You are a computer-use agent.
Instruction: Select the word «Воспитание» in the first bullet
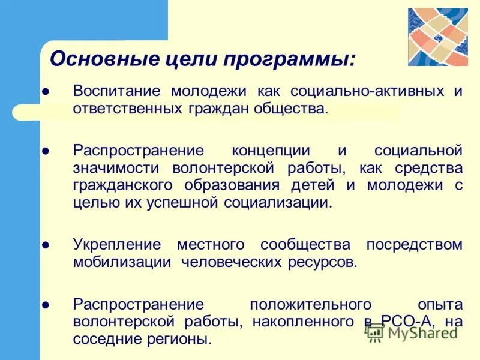pos(118,92)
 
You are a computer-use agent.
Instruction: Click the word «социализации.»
pos(278,202)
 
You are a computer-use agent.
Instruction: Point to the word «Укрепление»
pos(118,245)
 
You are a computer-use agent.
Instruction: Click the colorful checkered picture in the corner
pos(437,37)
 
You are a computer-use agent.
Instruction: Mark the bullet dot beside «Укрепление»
pos(46,245)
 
